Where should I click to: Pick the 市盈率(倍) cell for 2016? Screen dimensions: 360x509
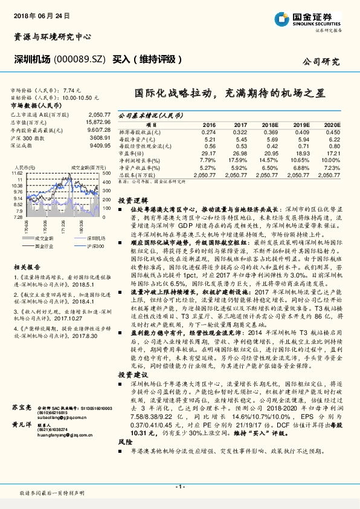[x=208, y=154]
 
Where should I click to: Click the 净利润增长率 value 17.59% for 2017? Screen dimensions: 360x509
[x=239, y=160]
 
